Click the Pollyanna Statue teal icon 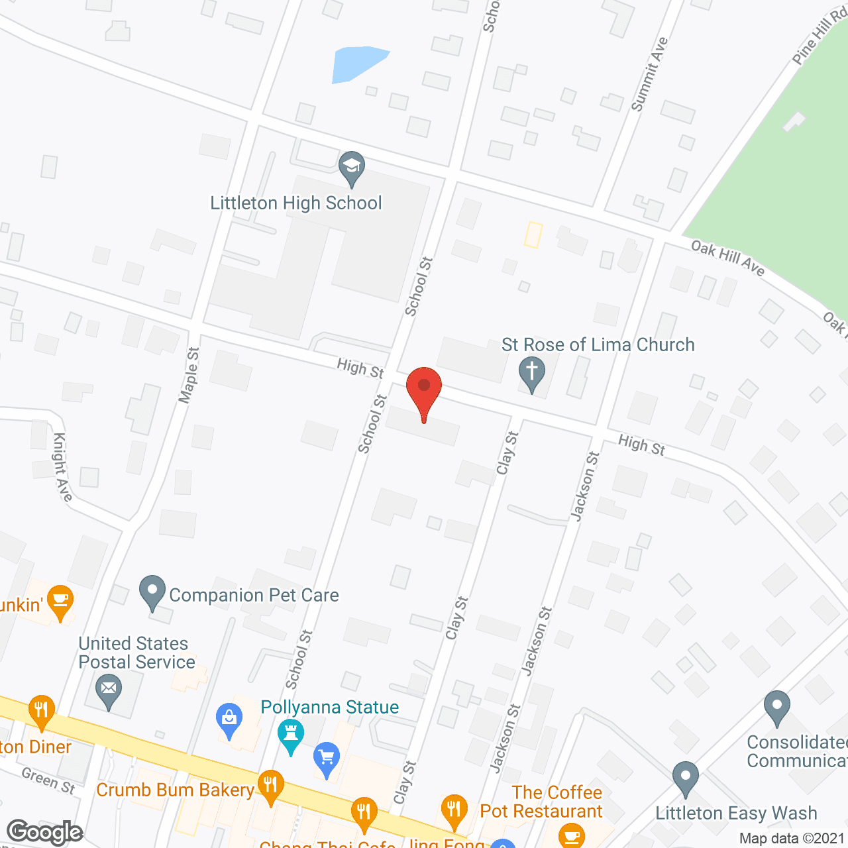290,735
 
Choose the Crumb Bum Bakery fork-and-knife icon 270,786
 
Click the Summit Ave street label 649,74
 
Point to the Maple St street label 189,375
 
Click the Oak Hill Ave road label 727,257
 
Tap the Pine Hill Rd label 820,37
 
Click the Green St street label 48,780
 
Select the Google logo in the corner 45,832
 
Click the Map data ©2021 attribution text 792,838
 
